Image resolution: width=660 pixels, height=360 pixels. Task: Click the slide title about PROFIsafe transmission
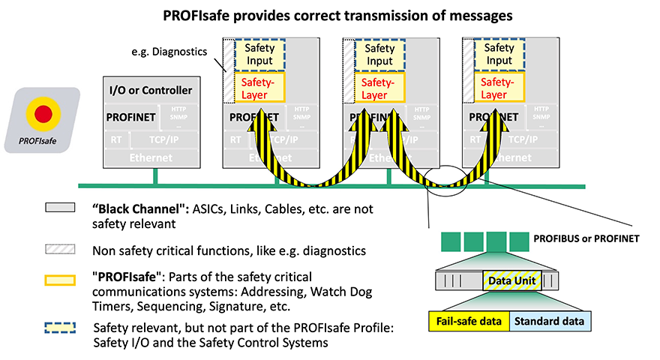[x=330, y=14]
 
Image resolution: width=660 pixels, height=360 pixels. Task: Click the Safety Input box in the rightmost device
[x=499, y=54]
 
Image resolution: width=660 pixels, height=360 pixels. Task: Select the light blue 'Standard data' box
[x=550, y=322]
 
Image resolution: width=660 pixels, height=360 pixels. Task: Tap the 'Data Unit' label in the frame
[x=510, y=280]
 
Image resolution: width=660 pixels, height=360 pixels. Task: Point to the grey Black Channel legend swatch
[x=60, y=209]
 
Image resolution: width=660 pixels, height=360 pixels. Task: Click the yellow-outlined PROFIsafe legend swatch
[x=60, y=280]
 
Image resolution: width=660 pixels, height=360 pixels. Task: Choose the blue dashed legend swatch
[x=60, y=327]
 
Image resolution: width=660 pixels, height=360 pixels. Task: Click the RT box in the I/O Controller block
[x=115, y=139]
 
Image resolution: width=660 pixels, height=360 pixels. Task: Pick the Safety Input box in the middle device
[x=379, y=54]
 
